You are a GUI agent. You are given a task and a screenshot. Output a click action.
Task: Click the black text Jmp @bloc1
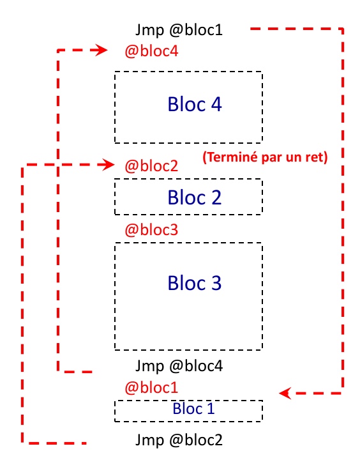[179, 30]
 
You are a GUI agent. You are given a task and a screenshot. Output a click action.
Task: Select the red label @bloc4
[151, 51]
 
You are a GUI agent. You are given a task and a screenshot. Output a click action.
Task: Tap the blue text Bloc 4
[195, 104]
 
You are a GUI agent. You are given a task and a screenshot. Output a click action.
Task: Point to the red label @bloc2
[151, 166]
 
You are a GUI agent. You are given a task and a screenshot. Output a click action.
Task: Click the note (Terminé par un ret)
[265, 157]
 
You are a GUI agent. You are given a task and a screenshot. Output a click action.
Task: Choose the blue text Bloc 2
[195, 197]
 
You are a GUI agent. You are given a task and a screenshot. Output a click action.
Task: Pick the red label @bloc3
[151, 230]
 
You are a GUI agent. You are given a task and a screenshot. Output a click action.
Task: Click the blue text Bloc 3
[195, 283]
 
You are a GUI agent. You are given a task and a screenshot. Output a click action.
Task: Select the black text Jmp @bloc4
[179, 366]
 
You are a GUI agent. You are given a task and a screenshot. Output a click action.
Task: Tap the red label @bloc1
[151, 388]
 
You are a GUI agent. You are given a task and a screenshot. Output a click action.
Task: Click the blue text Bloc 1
[193, 408]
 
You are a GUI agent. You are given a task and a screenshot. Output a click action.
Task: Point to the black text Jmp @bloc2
[179, 440]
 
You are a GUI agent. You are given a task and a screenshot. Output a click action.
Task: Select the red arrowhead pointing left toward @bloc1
[285, 393]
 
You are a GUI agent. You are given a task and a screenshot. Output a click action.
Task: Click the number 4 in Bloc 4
[216, 104]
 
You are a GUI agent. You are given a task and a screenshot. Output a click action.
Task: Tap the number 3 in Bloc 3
[216, 283]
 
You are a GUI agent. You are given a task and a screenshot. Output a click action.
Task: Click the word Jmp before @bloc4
[149, 366]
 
